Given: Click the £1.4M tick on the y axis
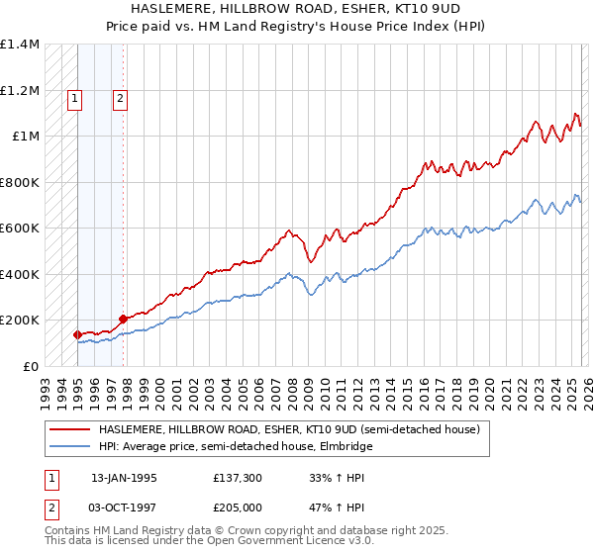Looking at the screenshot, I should (x=20, y=45).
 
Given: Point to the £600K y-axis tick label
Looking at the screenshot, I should (x=20, y=228).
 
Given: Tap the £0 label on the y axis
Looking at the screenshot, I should (x=28, y=366).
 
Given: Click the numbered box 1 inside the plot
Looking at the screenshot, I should (x=76, y=98).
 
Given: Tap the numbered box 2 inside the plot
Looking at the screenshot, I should (x=120, y=98).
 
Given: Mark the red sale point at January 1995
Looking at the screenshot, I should (x=78, y=334).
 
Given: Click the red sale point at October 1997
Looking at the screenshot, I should (x=123, y=319).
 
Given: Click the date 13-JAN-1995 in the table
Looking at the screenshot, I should (x=124, y=477).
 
